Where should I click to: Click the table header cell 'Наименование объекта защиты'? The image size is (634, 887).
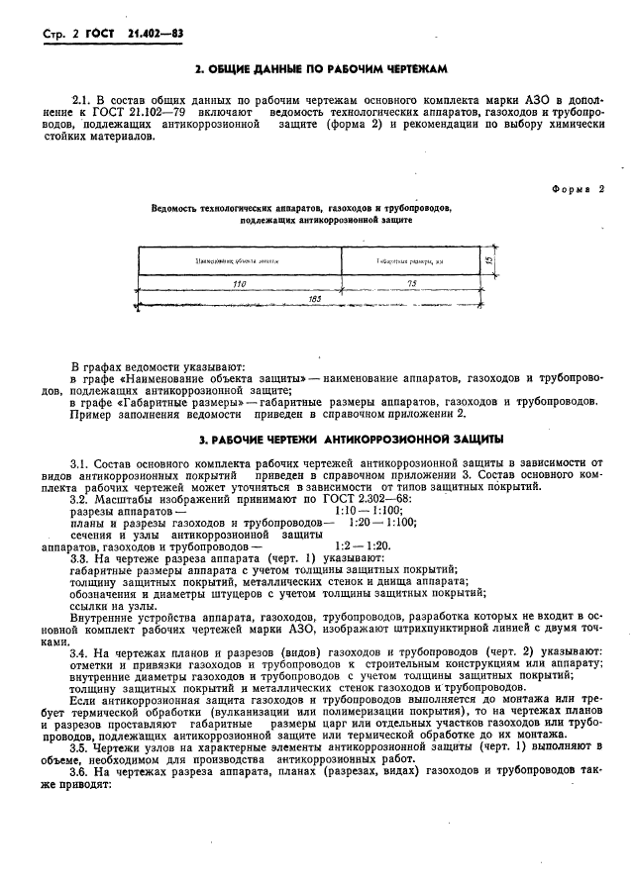pos(239,260)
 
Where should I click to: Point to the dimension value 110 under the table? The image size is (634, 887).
pos(239,283)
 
